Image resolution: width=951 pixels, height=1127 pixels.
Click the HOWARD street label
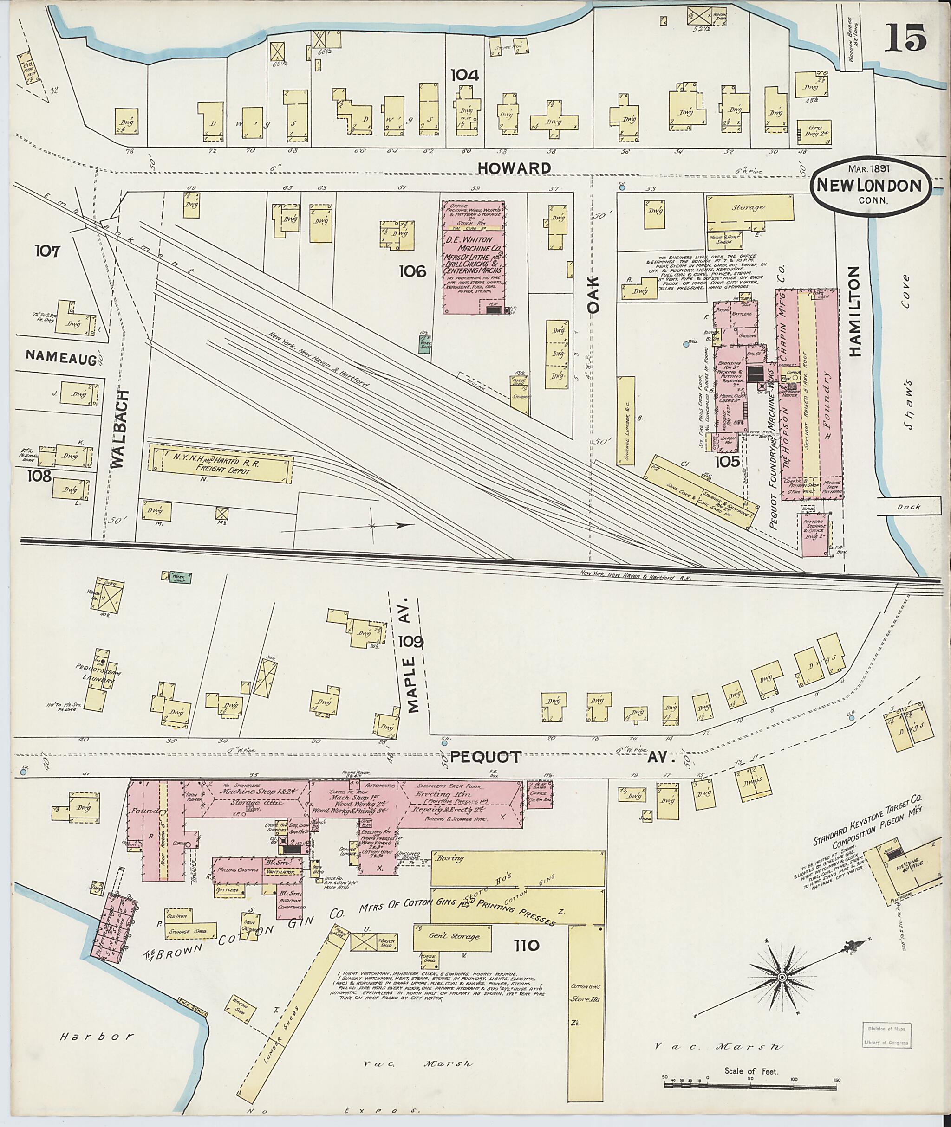(x=515, y=168)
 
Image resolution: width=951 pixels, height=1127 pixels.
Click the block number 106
(x=413, y=270)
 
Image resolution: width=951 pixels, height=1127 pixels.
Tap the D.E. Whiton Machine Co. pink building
(x=473, y=257)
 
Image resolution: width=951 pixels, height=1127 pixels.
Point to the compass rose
(x=781, y=977)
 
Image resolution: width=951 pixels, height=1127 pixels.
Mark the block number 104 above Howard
(x=465, y=74)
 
